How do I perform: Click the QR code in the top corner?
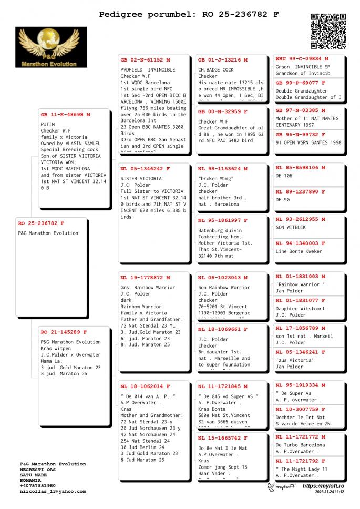pyautogui.click(x=328, y=31)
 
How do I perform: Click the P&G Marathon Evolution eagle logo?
pyautogui.click(x=51, y=47)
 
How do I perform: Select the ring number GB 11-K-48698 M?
pyautogui.click(x=65, y=114)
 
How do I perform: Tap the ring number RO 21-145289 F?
pyautogui.click(x=64, y=332)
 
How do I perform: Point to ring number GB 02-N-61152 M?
pyautogui.click(x=145, y=60)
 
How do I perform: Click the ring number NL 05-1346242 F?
pyautogui.click(x=145, y=169)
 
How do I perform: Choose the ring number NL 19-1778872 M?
pyautogui.click(x=145, y=277)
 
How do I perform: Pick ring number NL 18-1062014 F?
pyautogui.click(x=145, y=386)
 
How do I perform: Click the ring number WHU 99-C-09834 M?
pyautogui.click(x=302, y=59)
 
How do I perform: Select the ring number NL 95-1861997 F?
pyautogui.click(x=223, y=220)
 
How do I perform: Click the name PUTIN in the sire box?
pyautogui.click(x=47, y=125)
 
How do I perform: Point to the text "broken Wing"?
pyautogui.click(x=216, y=179)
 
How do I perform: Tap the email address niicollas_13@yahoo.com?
pyautogui.click(x=53, y=491)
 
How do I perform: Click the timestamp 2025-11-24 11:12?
pyautogui.click(x=330, y=492)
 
